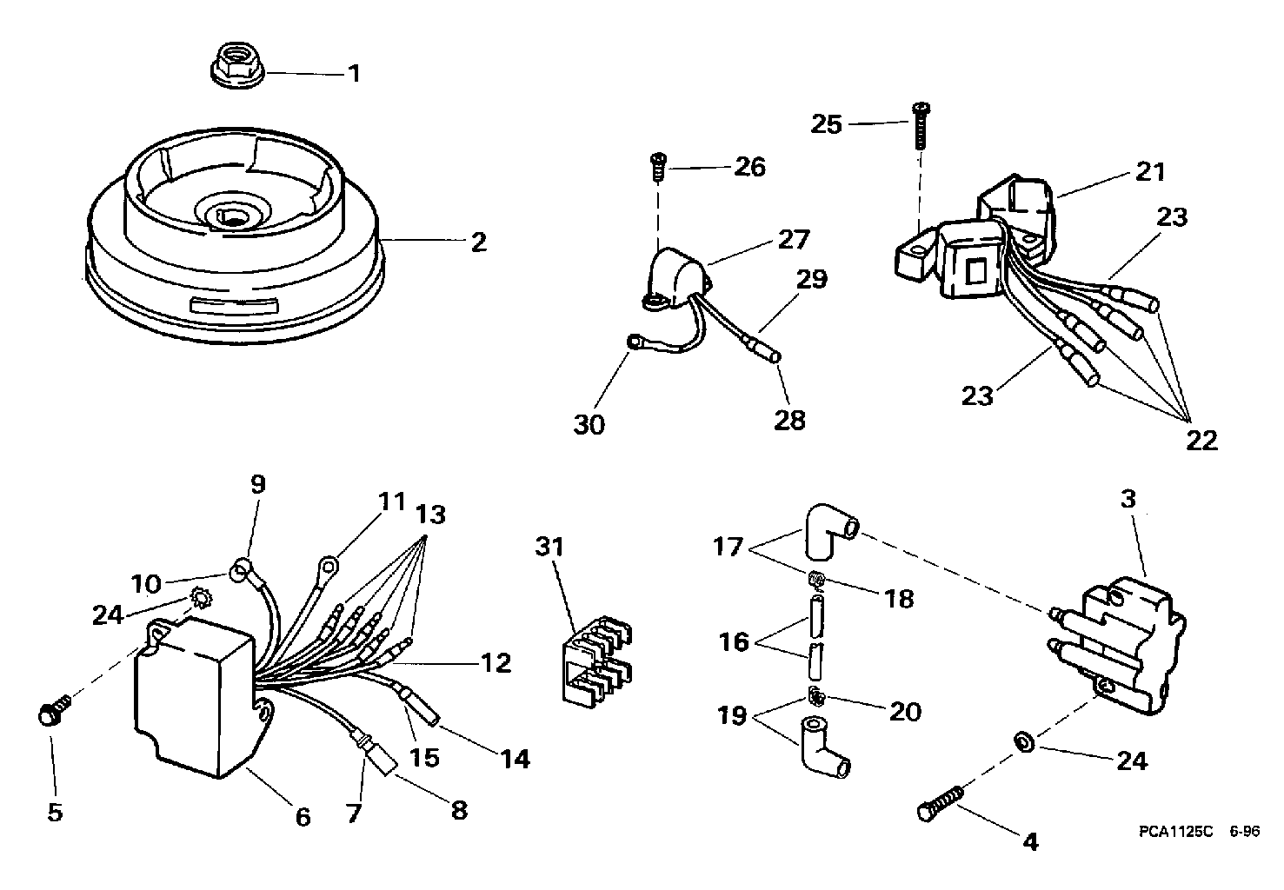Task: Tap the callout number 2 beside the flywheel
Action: pos(478,242)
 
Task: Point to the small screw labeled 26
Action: pos(658,164)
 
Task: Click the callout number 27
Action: pos(794,239)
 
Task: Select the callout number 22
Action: pos(1201,440)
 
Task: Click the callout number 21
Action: pos(1150,171)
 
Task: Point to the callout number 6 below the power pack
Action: pos(302,817)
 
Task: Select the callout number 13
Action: pos(430,515)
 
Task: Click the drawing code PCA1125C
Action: pos(1174,831)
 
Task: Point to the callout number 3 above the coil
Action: pos(1128,501)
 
